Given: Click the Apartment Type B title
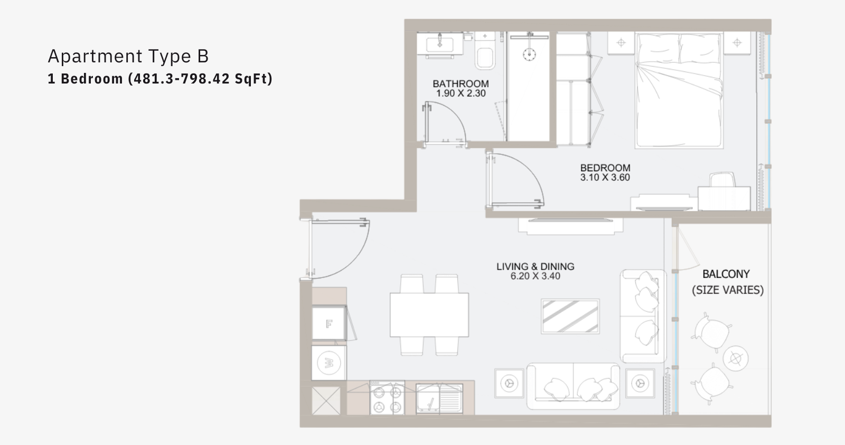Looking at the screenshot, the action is pos(128,56).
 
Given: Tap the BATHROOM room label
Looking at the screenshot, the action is pos(461,84).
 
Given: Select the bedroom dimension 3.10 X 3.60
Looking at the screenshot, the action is pos(605,178).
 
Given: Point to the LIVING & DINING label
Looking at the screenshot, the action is pos(536,266).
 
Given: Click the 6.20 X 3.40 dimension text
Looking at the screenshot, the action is pos(536,276).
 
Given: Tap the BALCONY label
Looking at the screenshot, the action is pos(726,274).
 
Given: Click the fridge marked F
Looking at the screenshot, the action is pos(329,323).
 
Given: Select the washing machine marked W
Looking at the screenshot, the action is pos(329,363).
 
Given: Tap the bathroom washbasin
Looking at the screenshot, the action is pos(440,45).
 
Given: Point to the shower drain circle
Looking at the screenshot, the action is pos(529,54).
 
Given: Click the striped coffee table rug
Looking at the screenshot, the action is pos(570,316).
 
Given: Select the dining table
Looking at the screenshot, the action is pos(429,315).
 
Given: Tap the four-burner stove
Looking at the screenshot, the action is pos(387,398).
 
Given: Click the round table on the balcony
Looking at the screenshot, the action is pos(736,358).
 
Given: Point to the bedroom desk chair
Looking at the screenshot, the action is pos(723,180).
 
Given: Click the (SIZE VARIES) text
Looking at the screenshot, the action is pos(728,290).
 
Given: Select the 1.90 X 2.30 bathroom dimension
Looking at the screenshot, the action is pos(461,93).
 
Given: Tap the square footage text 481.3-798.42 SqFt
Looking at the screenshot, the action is pos(200,79).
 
